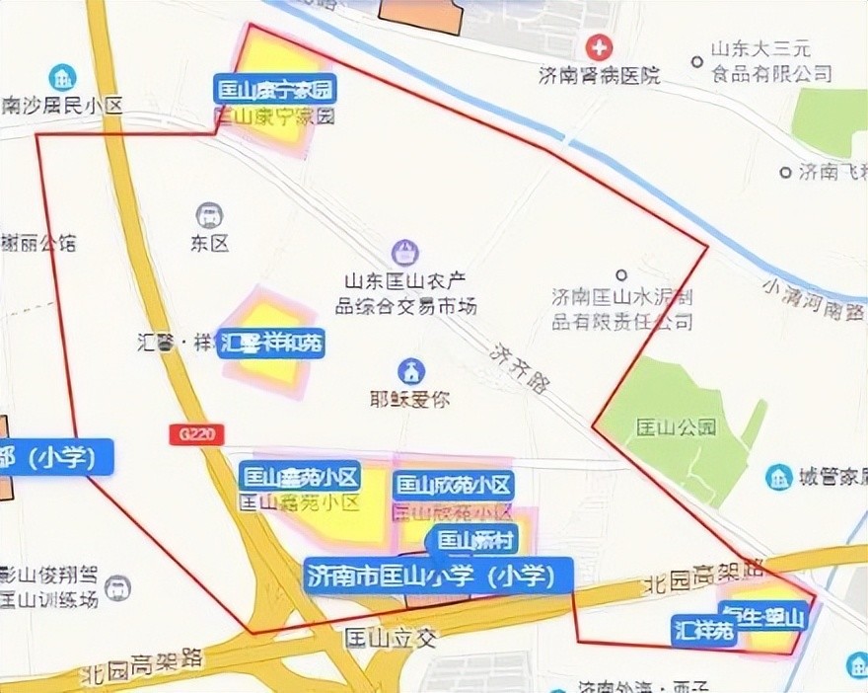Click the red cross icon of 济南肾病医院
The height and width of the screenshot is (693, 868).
pos(599,46)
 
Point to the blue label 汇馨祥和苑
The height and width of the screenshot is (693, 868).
pos(271,345)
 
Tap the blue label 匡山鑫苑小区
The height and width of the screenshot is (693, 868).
pos(300,479)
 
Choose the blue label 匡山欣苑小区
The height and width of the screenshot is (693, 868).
pos(454,485)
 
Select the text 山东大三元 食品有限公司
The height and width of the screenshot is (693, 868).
pos(769,61)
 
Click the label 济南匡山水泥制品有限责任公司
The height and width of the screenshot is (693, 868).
pos(621,307)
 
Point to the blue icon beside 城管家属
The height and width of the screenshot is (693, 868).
pos(778,477)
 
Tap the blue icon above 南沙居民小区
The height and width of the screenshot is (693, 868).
pos(63,76)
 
